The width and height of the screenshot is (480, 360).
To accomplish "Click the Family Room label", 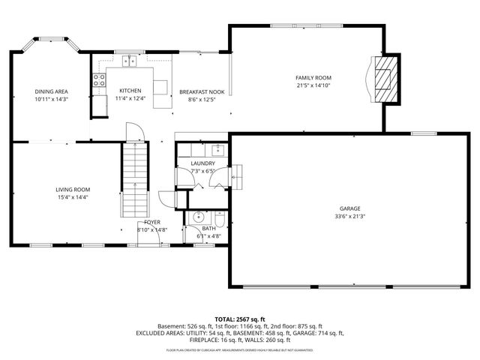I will (x=313, y=78).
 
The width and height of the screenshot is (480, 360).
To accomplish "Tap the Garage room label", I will (x=350, y=208).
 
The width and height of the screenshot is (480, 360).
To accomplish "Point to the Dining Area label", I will (x=51, y=91).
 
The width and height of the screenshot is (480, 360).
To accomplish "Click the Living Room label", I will (x=73, y=190).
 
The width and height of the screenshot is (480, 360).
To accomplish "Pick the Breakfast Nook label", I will (x=197, y=91).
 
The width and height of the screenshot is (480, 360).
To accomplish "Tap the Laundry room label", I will (x=202, y=163).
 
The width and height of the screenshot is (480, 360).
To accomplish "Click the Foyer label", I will (x=152, y=223).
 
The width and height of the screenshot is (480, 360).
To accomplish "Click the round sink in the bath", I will (x=196, y=217).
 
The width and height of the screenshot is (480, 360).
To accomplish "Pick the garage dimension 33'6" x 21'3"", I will (x=350, y=217).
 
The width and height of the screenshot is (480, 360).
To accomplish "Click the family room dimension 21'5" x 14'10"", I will (x=313, y=85).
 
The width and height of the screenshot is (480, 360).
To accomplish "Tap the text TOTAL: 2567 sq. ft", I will (x=239, y=319).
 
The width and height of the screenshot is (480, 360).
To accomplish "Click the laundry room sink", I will (x=215, y=148).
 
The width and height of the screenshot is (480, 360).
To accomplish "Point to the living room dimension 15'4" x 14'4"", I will (x=73, y=197).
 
